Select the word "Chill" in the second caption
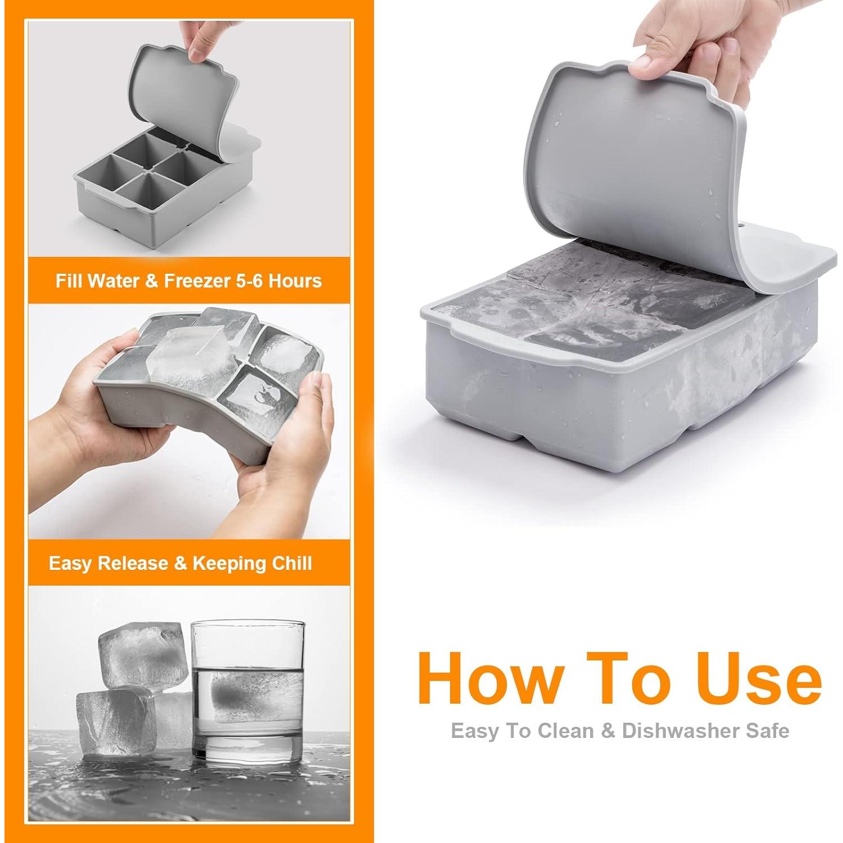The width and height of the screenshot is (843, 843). (292, 563)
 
